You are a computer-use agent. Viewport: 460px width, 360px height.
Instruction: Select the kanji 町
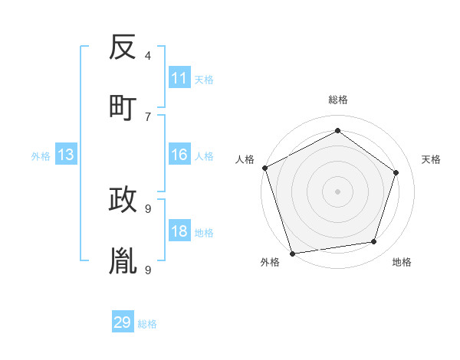(x=123, y=106)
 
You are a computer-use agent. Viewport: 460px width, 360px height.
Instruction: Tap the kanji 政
(x=123, y=200)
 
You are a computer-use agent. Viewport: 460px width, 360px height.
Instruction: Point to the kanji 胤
(x=123, y=260)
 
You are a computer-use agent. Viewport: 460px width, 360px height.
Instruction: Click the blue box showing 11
(x=179, y=78)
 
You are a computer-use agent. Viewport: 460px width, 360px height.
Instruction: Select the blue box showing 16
(x=179, y=155)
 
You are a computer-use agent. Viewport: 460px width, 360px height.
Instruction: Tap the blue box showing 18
(x=179, y=232)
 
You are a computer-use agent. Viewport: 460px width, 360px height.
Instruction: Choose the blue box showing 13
(x=66, y=155)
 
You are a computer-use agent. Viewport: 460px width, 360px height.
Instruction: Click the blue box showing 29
(x=123, y=322)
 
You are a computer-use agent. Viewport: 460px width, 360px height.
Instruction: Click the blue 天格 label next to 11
(x=204, y=79)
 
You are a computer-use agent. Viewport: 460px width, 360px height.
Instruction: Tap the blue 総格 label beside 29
(x=147, y=324)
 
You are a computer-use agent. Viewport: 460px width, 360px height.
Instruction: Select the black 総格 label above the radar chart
(x=337, y=100)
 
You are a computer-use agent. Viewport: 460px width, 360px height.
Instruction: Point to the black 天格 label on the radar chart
(x=431, y=159)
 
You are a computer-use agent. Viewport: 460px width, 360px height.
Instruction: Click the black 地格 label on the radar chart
(x=402, y=262)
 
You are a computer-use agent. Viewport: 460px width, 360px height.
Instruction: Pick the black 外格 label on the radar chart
(x=270, y=262)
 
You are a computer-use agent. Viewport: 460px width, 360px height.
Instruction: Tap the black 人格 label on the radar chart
(x=245, y=159)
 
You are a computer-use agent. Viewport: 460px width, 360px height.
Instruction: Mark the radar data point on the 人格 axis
(x=264, y=168)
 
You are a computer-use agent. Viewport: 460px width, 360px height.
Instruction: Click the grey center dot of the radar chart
(x=337, y=191)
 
